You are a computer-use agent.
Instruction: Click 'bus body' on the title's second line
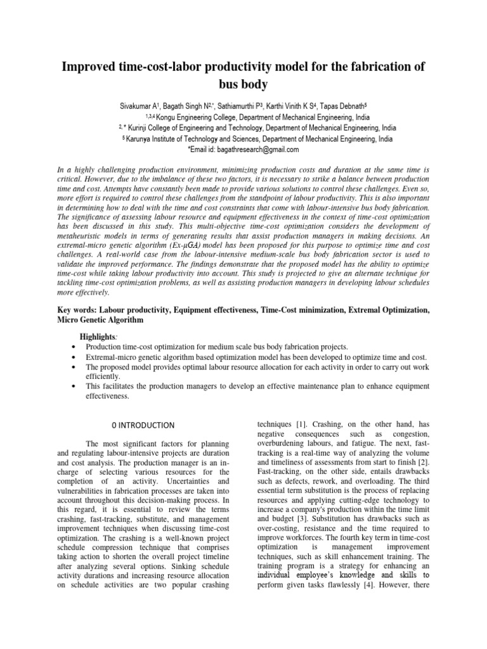[243, 84]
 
